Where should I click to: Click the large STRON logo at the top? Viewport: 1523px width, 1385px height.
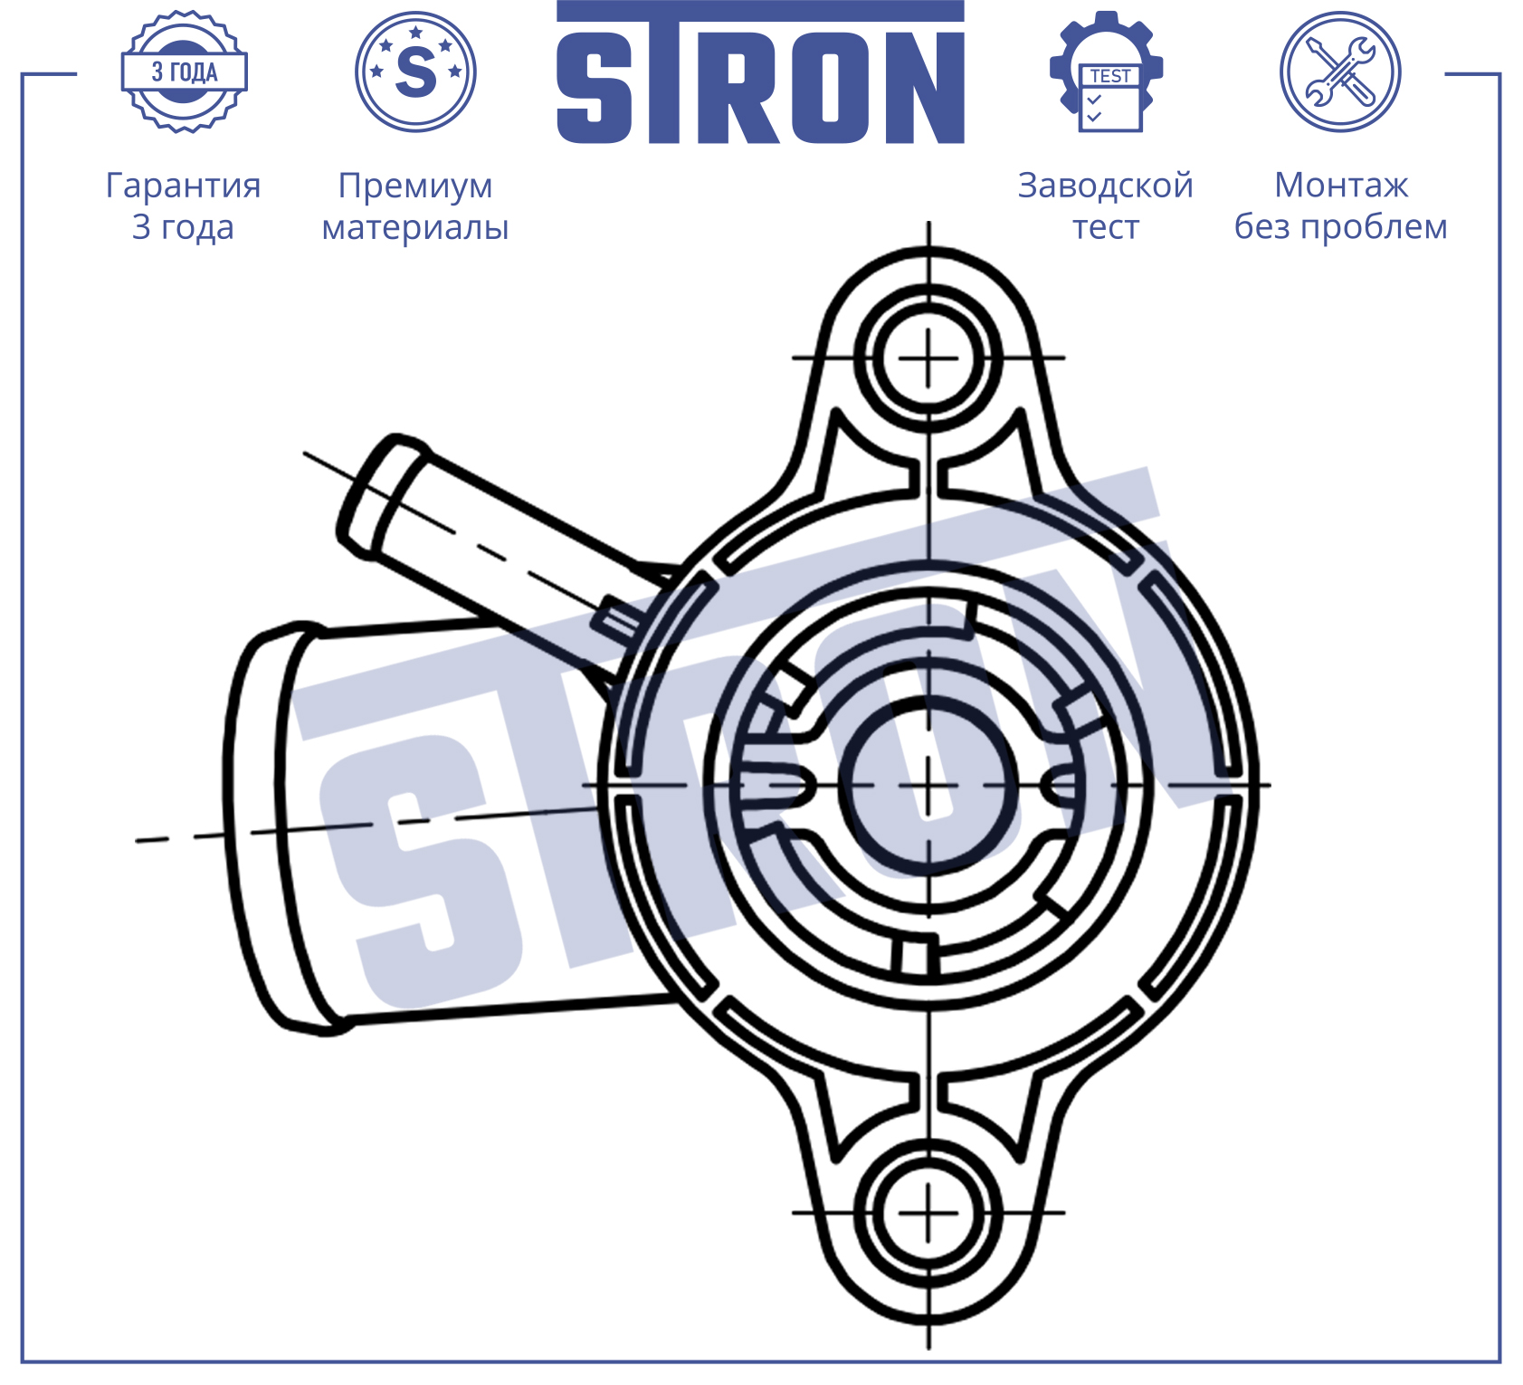[x=760, y=72]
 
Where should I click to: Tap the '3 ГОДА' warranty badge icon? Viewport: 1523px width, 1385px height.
[x=185, y=72]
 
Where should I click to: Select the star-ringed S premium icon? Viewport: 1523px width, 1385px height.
[x=415, y=72]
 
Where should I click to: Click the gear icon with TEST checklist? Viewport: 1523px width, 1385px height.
[x=1106, y=72]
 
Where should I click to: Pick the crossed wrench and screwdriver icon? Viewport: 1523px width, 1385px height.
[x=1340, y=72]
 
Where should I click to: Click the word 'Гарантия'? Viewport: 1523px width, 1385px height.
[x=184, y=186]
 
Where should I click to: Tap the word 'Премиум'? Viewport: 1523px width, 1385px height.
[x=415, y=186]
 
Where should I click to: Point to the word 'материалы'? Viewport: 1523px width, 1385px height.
[x=415, y=227]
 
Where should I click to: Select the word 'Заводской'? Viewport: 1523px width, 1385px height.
[x=1106, y=186]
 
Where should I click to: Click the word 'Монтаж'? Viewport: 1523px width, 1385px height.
[x=1341, y=186]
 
